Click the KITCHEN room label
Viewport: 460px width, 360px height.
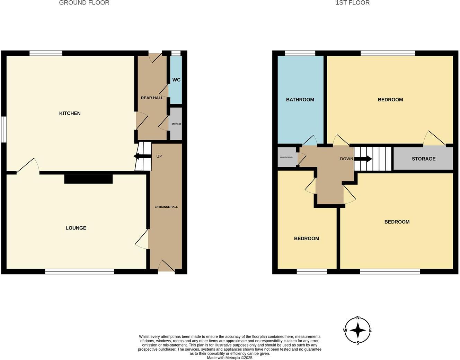tap(70, 113)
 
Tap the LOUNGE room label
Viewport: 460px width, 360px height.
tap(76, 228)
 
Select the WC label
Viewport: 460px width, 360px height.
tap(176, 80)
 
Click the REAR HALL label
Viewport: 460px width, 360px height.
tap(152, 98)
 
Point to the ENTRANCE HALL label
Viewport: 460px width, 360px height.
tap(166, 207)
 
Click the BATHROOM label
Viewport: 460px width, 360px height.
tap(300, 100)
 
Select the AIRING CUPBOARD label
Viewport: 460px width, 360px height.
tap(286, 157)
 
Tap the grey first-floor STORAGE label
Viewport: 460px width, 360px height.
tap(423, 159)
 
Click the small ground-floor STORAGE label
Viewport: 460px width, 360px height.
tap(176, 124)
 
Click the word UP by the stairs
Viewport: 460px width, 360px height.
tap(159, 156)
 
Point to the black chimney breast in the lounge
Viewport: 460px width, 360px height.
tap(88, 179)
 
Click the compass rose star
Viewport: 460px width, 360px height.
tap(358, 331)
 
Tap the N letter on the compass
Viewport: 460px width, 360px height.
tap(358, 318)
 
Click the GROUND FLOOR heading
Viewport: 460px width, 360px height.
tap(84, 3)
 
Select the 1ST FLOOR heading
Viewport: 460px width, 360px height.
tap(353, 3)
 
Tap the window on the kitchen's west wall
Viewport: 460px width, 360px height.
tap(3, 129)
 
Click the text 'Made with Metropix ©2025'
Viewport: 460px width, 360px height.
tap(230, 358)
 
